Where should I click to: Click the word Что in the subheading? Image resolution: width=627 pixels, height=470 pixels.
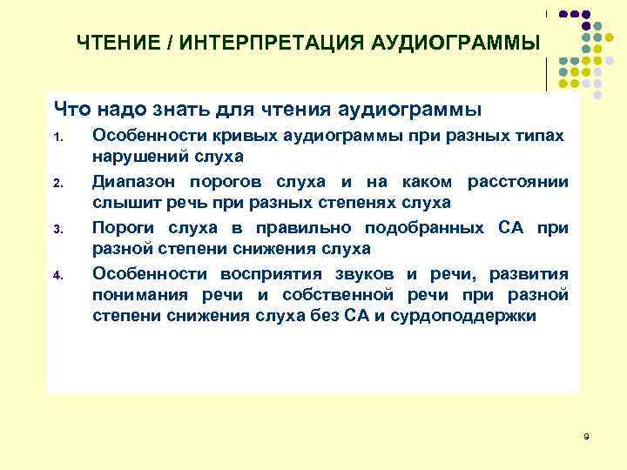pyautogui.click(x=75, y=109)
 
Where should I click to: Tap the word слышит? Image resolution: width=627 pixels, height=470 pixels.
pyautogui.click(x=121, y=202)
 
